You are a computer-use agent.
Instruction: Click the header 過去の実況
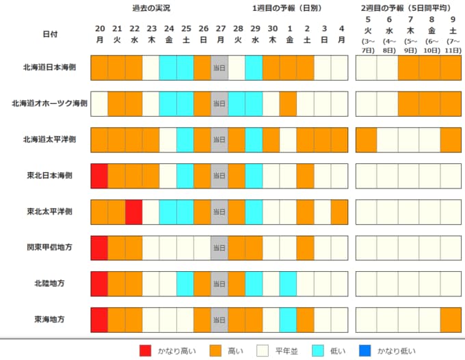point(151,8)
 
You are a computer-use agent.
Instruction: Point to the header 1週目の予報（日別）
point(288,8)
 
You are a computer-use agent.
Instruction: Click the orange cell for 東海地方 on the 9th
point(451,319)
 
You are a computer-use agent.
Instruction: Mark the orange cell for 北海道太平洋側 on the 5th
point(366,139)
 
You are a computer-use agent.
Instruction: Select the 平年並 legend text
point(286,351)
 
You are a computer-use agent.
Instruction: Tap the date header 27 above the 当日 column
point(220,29)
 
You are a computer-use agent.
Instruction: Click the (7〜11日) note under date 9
point(451,46)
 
